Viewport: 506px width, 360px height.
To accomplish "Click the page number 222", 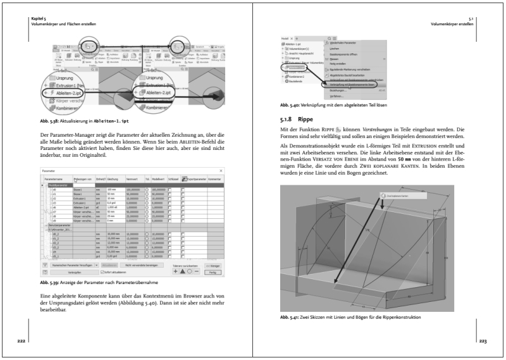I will point(22,341).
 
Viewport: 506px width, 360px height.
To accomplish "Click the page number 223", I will point(483,341).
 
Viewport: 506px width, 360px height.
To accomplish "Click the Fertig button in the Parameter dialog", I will point(214,273).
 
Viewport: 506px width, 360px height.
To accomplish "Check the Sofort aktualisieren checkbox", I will point(96,273).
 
